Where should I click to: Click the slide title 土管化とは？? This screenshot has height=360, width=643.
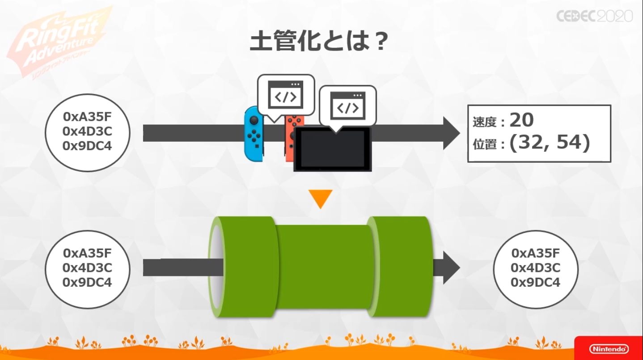tap(318, 42)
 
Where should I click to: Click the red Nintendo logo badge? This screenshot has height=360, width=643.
tap(609, 348)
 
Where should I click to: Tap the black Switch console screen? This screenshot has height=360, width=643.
tap(332, 149)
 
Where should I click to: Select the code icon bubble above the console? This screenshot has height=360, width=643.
tap(347, 107)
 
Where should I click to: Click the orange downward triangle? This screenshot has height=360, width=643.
tap(321, 199)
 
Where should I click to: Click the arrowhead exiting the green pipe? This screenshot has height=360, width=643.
tap(451, 267)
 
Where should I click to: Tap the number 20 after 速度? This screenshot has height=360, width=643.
tap(521, 120)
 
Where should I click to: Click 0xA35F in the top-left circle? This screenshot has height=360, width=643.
tap(87, 117)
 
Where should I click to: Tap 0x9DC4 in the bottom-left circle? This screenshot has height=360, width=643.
tap(87, 282)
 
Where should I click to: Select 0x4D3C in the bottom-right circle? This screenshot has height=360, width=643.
tap(535, 268)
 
